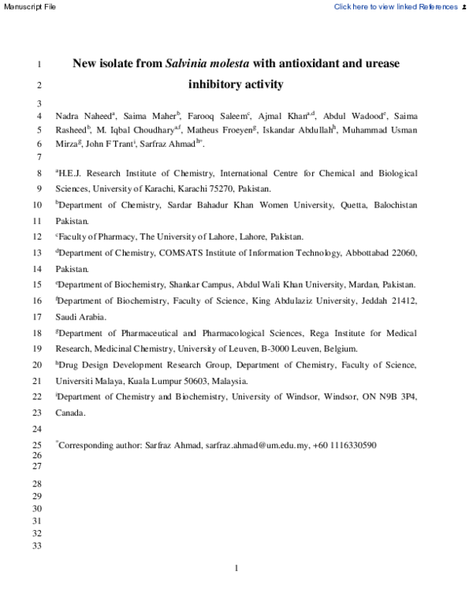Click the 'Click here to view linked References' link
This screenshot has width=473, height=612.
click(x=395, y=6)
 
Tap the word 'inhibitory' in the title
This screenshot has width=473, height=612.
click(x=214, y=84)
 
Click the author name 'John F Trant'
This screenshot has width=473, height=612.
click(x=113, y=144)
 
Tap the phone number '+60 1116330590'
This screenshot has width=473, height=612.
click(x=342, y=445)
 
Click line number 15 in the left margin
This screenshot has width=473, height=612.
click(x=38, y=285)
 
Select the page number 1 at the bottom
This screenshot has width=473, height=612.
click(x=236, y=568)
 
